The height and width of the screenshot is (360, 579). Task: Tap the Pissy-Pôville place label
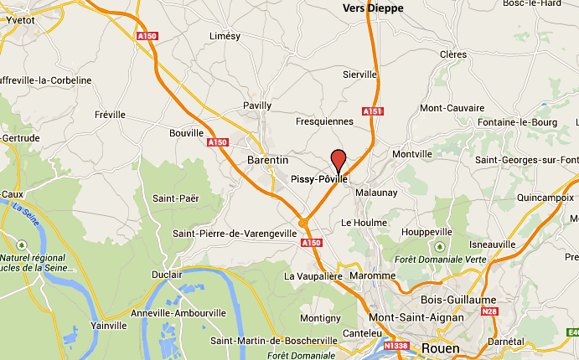coord(318,179)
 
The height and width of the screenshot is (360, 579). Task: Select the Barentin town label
coord(268,159)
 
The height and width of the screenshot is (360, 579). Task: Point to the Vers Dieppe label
coord(373,8)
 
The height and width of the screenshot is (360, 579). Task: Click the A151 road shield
coord(372,111)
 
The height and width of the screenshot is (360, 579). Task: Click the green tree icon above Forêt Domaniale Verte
coord(440,246)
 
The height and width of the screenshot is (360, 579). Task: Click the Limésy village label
coord(225,36)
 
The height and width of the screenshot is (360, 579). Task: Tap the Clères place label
coord(453,54)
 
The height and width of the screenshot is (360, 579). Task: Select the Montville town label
coord(412,154)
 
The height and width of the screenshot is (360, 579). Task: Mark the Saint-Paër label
coord(174,198)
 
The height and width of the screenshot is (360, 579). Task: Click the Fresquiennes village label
coord(325,121)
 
